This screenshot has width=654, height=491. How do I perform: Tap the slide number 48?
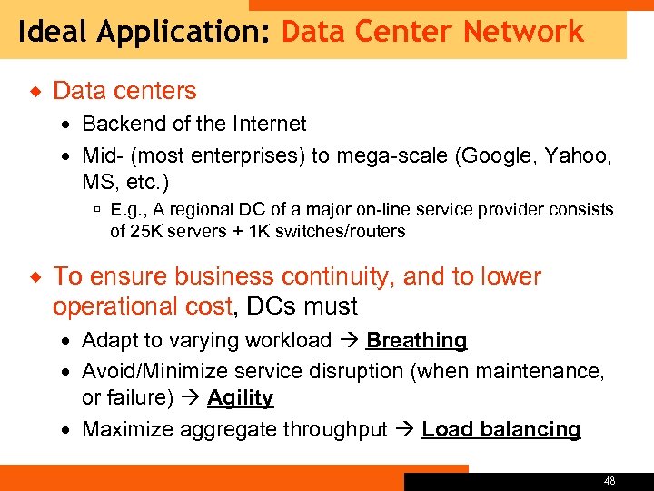pos(609,480)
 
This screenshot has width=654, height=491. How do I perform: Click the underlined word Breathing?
pos(416,341)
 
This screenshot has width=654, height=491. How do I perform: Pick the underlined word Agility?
pos(240,398)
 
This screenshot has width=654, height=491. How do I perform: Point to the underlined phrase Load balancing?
pos(500,429)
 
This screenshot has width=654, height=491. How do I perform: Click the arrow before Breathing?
pos(349,341)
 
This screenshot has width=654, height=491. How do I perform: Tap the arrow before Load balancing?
pos(405,429)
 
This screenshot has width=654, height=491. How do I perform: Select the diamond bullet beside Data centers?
pos(34,91)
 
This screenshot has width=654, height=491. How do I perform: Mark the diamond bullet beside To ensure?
pos(34,276)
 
